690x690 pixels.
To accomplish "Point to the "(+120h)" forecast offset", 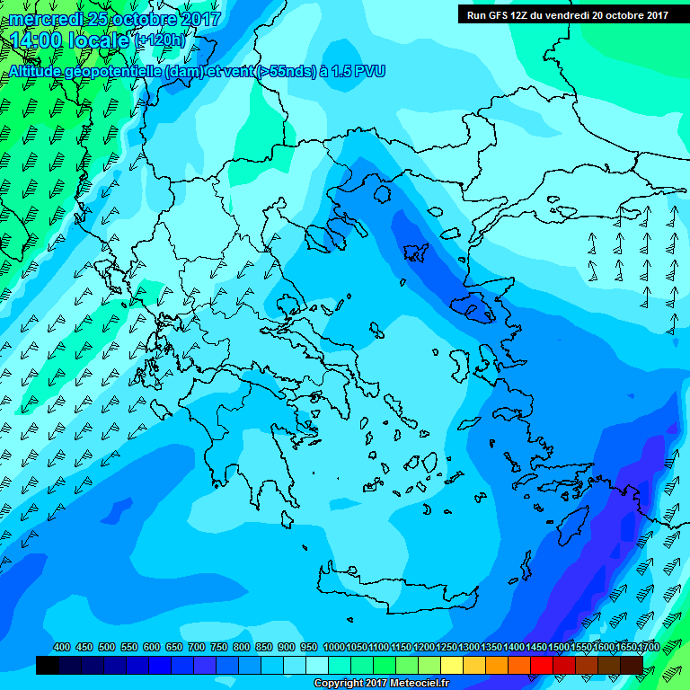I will tap(159, 40).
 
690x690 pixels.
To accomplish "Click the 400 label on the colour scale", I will tap(62, 648).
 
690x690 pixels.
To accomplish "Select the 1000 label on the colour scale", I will tap(333, 648).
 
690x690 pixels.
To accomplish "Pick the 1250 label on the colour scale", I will tap(447, 648).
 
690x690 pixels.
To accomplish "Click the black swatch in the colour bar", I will tap(48, 665).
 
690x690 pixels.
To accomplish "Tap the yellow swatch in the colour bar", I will tap(452, 665).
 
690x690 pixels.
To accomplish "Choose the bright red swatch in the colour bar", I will tap(542, 665).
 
